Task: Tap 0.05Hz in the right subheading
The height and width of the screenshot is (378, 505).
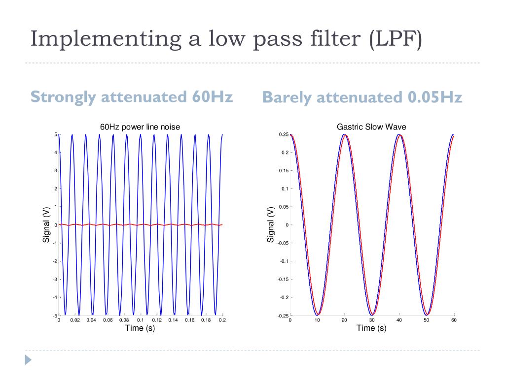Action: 435,97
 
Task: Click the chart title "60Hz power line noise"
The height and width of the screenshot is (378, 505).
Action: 140,127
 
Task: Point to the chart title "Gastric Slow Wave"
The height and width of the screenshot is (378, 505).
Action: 371,127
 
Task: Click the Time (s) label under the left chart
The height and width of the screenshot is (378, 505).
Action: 140,328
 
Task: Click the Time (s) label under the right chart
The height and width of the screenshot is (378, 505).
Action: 371,328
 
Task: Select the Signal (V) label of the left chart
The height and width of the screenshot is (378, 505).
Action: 46,224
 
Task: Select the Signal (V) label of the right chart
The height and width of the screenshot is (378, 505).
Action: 271,224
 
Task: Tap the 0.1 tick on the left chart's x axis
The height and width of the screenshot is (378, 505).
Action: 141,320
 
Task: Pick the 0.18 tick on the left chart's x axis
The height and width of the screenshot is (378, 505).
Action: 206,320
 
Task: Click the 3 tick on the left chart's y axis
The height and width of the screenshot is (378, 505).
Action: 56,171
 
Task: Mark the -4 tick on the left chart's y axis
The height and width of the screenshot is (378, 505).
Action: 55,297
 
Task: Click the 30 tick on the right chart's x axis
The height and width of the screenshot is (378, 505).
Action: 372,320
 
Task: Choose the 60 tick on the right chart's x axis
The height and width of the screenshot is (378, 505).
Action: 454,320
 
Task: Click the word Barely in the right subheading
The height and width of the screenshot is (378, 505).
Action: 287,97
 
